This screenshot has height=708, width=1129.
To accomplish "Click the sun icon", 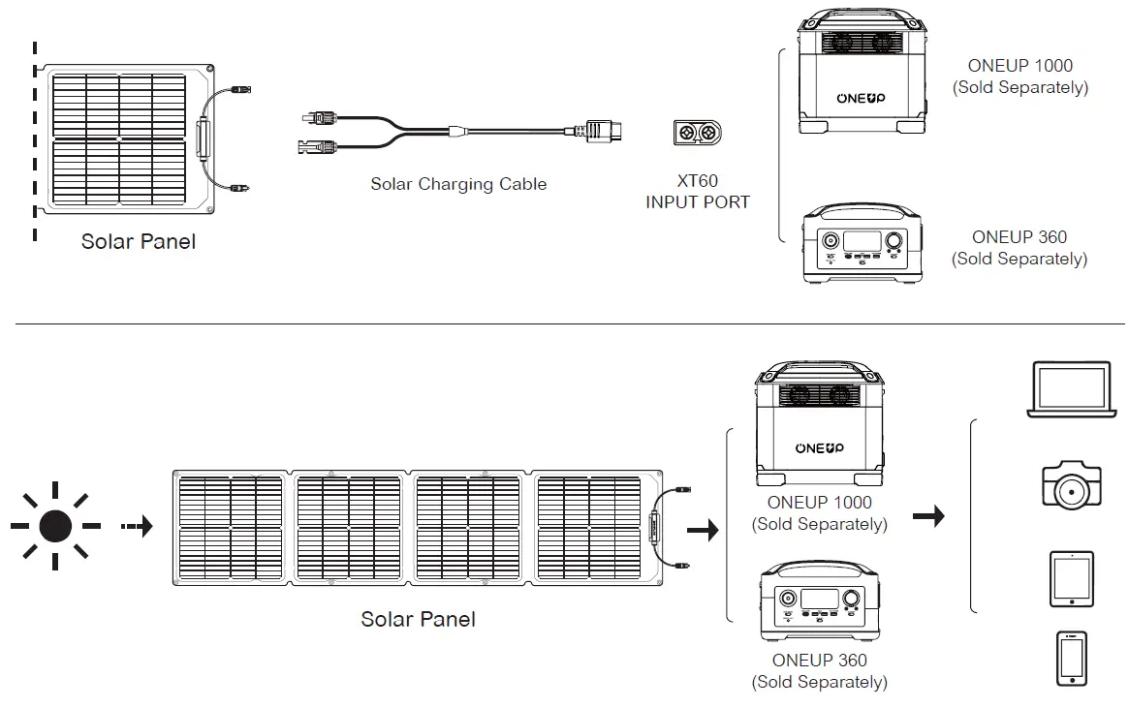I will pyautogui.click(x=55, y=526).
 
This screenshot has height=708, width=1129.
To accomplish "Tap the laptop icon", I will pyautogui.click(x=1071, y=390).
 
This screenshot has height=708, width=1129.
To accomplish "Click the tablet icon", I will pyautogui.click(x=1071, y=579).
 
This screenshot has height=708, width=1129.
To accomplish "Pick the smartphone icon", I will pyautogui.click(x=1071, y=659).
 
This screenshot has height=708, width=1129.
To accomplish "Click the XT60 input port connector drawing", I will pyautogui.click(x=698, y=133).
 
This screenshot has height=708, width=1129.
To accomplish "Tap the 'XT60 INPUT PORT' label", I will pyautogui.click(x=698, y=192).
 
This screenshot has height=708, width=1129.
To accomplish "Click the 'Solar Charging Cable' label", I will pyautogui.click(x=458, y=184).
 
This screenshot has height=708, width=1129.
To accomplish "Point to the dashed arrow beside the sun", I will pyautogui.click(x=137, y=527).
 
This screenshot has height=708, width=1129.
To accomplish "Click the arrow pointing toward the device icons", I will pyautogui.click(x=928, y=517).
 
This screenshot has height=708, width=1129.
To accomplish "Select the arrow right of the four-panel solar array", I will pyautogui.click(x=702, y=530).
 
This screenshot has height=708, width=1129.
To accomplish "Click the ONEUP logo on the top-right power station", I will pyautogui.click(x=860, y=98).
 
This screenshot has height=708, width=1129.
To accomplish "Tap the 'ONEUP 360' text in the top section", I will pyautogui.click(x=1019, y=237).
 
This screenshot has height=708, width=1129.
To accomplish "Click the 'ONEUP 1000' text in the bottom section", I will pyautogui.click(x=819, y=503).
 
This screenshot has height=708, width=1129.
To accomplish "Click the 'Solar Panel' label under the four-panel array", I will pyautogui.click(x=418, y=619).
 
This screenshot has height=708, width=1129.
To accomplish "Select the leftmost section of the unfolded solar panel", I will pyautogui.click(x=230, y=527).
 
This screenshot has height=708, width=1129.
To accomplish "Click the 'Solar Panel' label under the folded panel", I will pyautogui.click(x=138, y=241).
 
